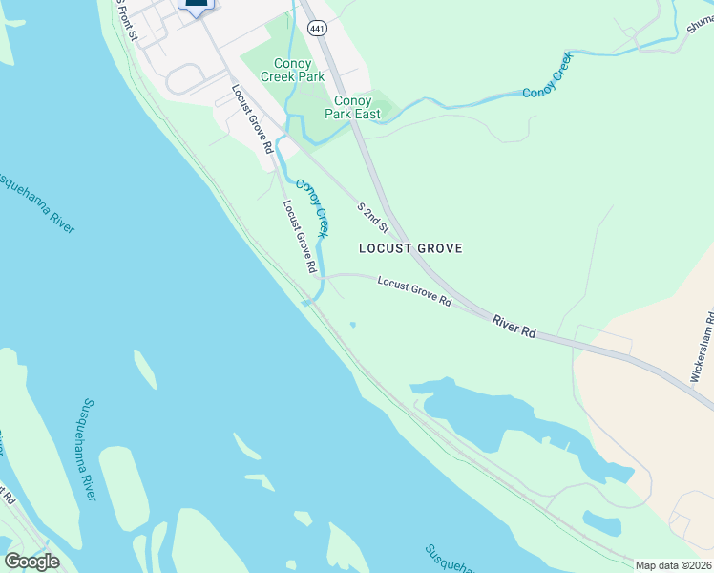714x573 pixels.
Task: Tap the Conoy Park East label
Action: point(357,107)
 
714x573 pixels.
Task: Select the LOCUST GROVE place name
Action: point(410,248)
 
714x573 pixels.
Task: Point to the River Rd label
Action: point(514,326)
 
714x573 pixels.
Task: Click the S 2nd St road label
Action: point(373,218)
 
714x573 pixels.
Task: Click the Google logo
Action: point(31,562)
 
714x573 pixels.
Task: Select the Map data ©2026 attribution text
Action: point(674,565)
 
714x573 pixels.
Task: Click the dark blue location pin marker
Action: point(196,6)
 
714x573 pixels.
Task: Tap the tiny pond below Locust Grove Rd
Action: point(353,326)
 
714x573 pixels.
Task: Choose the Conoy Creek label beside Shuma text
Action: point(548,76)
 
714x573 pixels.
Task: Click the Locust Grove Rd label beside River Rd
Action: point(413,291)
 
